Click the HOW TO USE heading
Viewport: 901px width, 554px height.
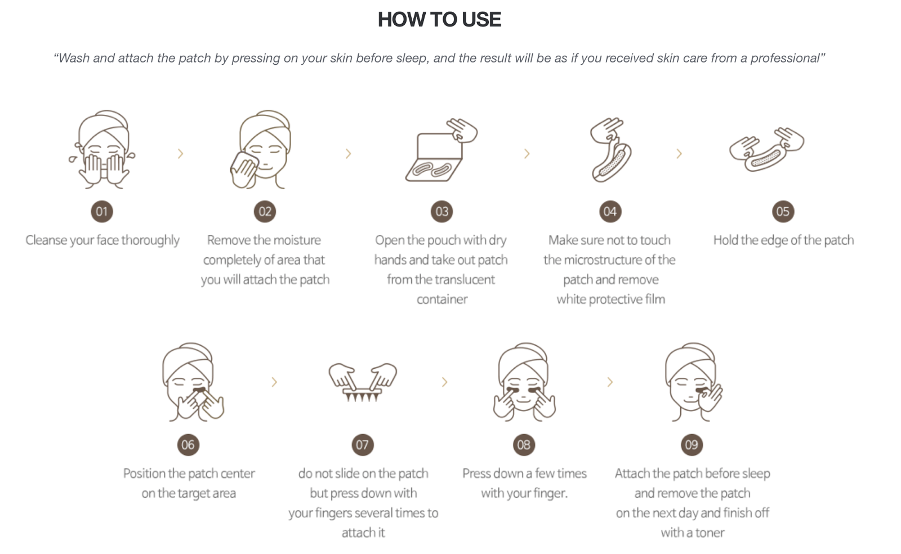tap(439, 19)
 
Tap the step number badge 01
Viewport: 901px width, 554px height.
tap(102, 212)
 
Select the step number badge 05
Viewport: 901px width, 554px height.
tap(783, 212)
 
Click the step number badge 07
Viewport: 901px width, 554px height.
tap(363, 445)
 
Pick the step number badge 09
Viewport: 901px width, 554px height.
tap(692, 445)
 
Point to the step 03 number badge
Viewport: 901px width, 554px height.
tap(441, 212)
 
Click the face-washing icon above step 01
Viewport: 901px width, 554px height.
tap(102, 149)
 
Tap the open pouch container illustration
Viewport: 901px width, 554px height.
tap(441, 150)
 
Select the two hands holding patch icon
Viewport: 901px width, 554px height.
tap(766, 150)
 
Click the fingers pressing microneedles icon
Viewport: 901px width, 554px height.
tap(363, 382)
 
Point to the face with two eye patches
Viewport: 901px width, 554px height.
tap(524, 382)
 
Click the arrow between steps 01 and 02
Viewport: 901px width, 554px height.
tap(181, 154)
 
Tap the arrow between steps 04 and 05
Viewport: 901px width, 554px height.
tap(679, 154)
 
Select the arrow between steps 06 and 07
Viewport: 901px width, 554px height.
tap(274, 382)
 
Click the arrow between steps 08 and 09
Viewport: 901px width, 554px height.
tap(610, 382)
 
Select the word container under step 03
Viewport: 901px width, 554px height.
tap(442, 300)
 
